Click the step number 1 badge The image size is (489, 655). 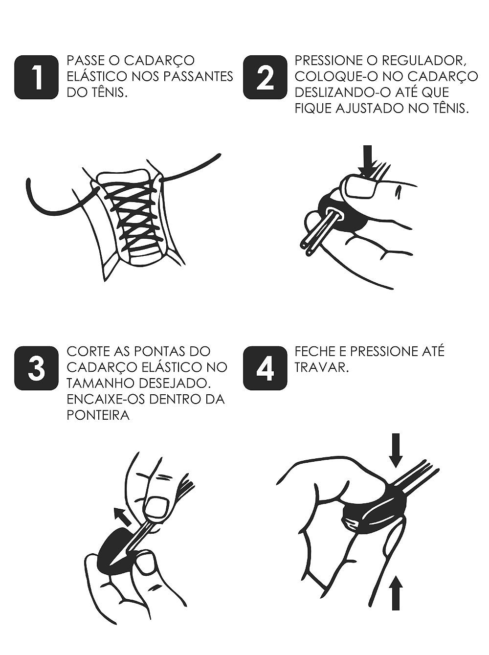click(36, 77)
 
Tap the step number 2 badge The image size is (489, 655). click(265, 77)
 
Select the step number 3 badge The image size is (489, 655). click(36, 368)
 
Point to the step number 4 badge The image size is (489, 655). click(265, 368)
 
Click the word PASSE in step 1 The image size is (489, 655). click(84, 61)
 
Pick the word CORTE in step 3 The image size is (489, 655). click(87, 352)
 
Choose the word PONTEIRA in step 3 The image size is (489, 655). click(98, 416)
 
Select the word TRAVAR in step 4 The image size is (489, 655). click(322, 368)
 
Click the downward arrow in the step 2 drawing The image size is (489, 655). click(368, 161)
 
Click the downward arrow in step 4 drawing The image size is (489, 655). click(396, 451)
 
